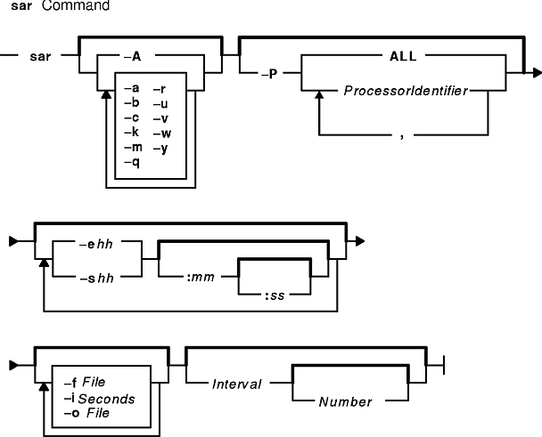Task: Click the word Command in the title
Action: pyautogui.click(x=76, y=5)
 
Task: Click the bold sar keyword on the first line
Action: pyautogui.click(x=40, y=56)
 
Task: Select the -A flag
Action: pyautogui.click(x=133, y=56)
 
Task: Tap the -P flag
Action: pyautogui.click(x=269, y=74)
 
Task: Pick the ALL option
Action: pyautogui.click(x=403, y=56)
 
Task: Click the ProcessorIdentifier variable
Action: pyautogui.click(x=406, y=91)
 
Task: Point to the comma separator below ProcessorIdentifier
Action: pyautogui.click(x=402, y=137)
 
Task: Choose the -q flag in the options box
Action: pyautogui.click(x=132, y=162)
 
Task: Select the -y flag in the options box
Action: pyautogui.click(x=160, y=149)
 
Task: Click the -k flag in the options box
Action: pyautogui.click(x=132, y=133)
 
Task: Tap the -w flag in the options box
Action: pyautogui.click(x=162, y=134)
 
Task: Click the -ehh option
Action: pyautogui.click(x=96, y=245)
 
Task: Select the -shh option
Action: pyautogui.click(x=97, y=279)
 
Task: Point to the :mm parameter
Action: pyautogui.click(x=201, y=277)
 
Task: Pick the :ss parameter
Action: pyautogui.click(x=275, y=295)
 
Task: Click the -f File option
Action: pyautogui.click(x=85, y=383)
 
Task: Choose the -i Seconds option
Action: pyautogui.click(x=100, y=399)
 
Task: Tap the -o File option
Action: pyautogui.click(x=86, y=413)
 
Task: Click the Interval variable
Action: pyautogui.click(x=237, y=384)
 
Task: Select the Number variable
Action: pyautogui.click(x=345, y=401)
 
